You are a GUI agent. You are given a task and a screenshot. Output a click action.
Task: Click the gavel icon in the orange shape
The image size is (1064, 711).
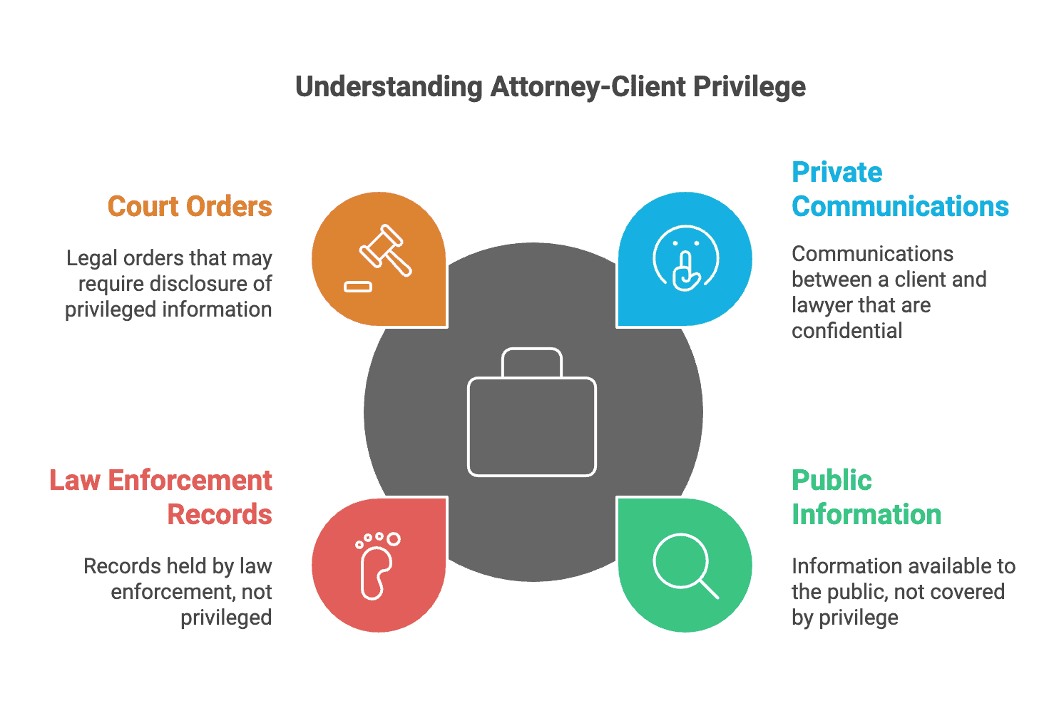385,250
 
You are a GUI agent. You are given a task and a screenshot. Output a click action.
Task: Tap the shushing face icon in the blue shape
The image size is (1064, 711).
685,259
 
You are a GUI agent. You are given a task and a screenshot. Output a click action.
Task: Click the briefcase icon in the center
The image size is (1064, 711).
532,413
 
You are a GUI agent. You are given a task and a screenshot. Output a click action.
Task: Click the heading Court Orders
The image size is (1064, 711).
190,207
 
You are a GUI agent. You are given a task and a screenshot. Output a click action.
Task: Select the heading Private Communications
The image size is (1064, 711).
900,190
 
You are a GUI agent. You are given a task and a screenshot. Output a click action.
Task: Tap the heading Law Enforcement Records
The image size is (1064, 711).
161,497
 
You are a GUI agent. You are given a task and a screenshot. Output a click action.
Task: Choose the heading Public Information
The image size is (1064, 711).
866,497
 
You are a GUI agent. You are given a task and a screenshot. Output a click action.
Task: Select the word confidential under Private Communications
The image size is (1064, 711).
846,331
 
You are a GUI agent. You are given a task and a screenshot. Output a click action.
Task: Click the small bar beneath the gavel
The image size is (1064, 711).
358,287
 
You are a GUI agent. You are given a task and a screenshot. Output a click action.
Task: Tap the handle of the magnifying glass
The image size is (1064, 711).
709,589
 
